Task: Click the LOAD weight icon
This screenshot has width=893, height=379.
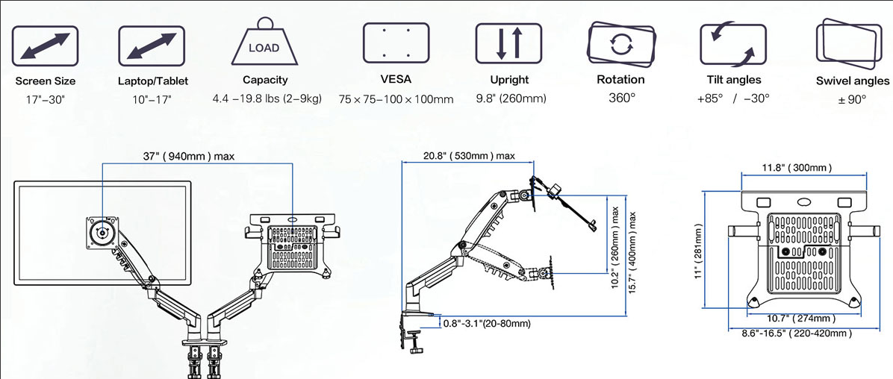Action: [264, 46]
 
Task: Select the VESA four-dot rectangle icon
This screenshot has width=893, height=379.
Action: [395, 42]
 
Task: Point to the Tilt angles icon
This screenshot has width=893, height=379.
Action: [732, 43]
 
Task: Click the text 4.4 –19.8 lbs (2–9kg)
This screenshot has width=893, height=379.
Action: [266, 98]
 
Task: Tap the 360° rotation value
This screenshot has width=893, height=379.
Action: [620, 98]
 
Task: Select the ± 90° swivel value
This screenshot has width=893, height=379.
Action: [852, 99]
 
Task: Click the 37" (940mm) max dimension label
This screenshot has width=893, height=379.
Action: [188, 157]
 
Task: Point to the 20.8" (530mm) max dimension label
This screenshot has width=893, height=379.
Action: [469, 156]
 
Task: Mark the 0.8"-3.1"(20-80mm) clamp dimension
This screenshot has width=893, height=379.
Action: [487, 324]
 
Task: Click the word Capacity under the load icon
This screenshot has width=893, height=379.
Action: [265, 80]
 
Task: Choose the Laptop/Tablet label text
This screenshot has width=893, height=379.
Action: [153, 81]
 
